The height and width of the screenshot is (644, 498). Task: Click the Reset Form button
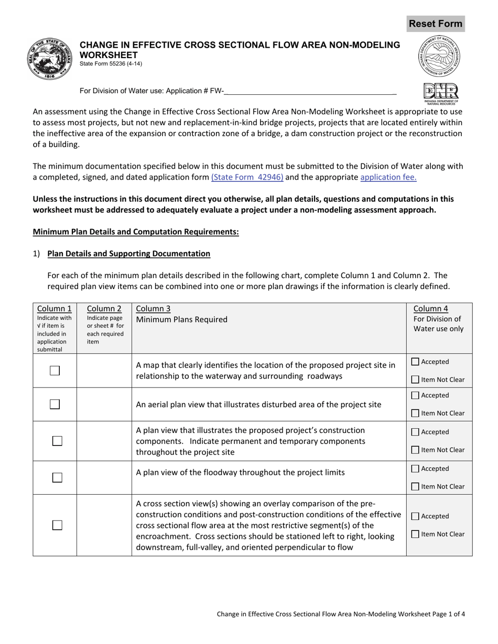[435, 24]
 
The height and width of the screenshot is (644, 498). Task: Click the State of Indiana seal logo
[51, 59]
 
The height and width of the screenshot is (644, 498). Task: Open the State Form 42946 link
[247, 177]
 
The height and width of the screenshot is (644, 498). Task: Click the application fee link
[388, 177]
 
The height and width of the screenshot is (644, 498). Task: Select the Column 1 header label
[55, 309]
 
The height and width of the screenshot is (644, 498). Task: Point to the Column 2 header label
[104, 309]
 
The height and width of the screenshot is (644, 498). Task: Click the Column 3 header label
[153, 309]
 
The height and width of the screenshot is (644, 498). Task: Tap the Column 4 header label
[430, 309]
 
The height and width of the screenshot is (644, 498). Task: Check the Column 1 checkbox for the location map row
[55, 371]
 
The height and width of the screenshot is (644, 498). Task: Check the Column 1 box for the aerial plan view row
[55, 404]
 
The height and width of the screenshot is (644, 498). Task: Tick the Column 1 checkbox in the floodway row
[57, 478]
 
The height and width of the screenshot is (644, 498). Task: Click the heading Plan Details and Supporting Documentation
[128, 254]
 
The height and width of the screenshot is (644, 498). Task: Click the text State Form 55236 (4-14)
[111, 64]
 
